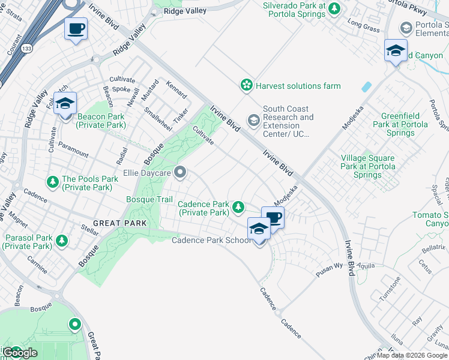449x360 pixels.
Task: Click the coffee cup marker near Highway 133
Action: click(x=76, y=29)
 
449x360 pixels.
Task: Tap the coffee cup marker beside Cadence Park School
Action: click(x=273, y=217)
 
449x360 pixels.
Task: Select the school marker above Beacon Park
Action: click(x=65, y=104)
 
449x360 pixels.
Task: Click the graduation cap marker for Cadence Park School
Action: click(x=259, y=229)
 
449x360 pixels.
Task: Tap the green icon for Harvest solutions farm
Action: click(x=246, y=86)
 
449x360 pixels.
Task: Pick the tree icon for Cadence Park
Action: click(x=238, y=208)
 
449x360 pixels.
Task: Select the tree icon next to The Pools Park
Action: click(x=53, y=181)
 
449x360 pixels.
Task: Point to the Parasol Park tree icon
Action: click(x=61, y=241)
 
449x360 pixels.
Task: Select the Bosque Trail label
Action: click(x=149, y=199)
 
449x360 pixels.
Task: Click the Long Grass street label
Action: click(x=363, y=26)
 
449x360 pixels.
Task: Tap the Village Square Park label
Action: click(x=368, y=166)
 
